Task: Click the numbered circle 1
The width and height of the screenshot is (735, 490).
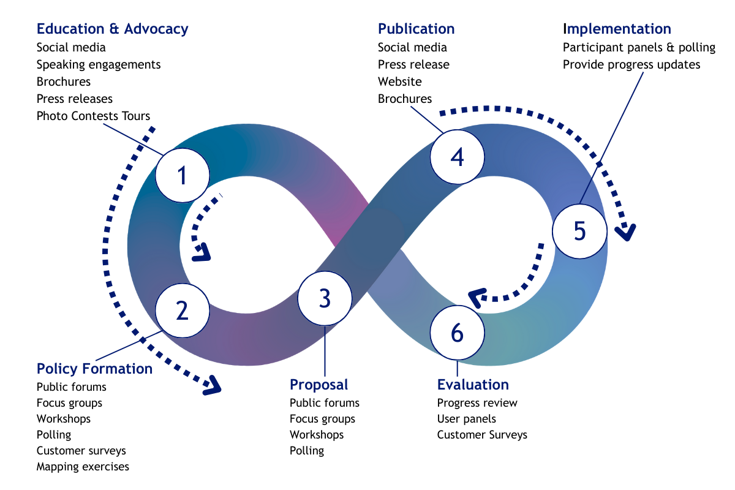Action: coord(183,175)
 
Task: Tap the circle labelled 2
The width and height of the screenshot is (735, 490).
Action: coord(183,311)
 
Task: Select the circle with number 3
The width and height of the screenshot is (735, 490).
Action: coord(325,298)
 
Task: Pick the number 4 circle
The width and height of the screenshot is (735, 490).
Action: coord(457,157)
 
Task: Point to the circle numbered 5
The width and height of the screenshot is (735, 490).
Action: coord(580,231)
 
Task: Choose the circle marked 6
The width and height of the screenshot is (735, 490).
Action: coord(457,333)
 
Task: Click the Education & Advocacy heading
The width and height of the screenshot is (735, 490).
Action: coord(113,29)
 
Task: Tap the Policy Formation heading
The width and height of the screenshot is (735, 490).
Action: coord(94,369)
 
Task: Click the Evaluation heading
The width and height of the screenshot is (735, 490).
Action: coord(473,385)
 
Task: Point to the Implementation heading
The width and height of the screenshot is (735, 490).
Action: coord(617,29)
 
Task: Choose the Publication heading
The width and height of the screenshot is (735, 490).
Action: coord(416,29)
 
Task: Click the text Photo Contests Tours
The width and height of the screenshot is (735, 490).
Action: coord(93,116)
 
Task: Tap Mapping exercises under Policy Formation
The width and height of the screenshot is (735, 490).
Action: coord(83,467)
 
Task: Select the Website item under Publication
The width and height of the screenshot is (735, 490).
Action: coord(399,81)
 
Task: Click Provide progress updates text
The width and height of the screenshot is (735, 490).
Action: coord(631,65)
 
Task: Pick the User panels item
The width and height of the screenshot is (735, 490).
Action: coord(466,419)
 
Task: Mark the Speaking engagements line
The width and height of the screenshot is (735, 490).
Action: coord(99,65)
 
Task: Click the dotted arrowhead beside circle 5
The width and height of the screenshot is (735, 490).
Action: coord(625,232)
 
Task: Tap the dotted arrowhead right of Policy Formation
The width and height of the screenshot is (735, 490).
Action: coord(213,386)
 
